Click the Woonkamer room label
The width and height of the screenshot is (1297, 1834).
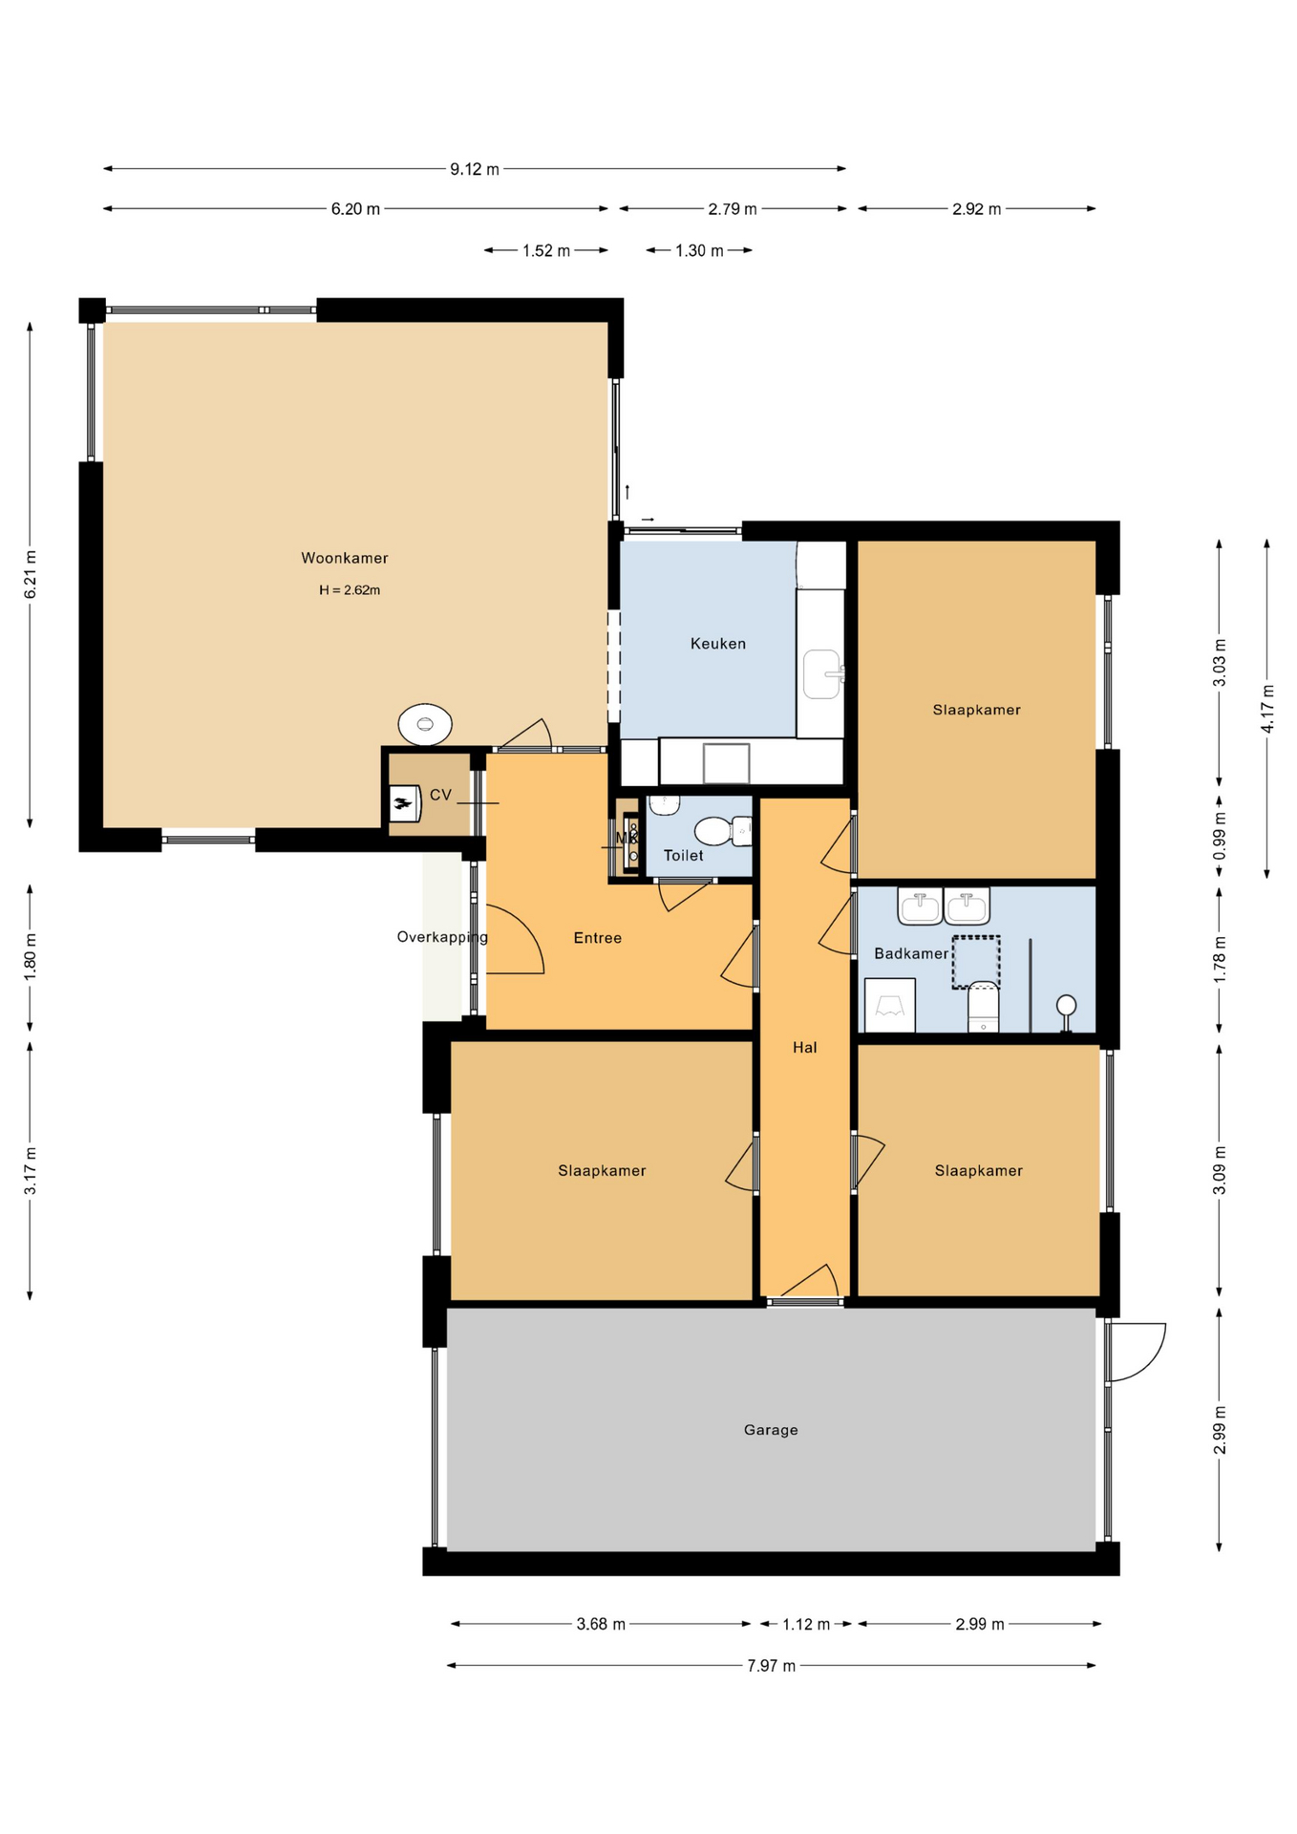[345, 558]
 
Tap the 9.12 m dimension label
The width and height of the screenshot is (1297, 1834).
[475, 169]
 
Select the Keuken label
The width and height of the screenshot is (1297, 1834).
[718, 644]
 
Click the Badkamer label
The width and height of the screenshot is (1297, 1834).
[911, 953]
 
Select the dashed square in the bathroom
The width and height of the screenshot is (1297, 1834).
[975, 962]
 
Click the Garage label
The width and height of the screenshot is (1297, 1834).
[771, 1430]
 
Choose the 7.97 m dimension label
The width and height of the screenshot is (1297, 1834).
[771, 1666]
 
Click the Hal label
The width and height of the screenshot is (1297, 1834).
[805, 1048]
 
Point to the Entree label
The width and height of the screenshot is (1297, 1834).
[598, 938]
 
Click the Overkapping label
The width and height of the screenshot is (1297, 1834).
[442, 937]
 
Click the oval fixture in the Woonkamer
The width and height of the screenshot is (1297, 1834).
[425, 724]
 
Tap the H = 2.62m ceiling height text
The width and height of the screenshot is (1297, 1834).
[350, 590]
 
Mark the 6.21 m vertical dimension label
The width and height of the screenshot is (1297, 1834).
[31, 575]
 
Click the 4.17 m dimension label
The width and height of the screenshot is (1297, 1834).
[1267, 709]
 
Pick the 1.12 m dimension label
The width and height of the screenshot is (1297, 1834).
[806, 1624]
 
